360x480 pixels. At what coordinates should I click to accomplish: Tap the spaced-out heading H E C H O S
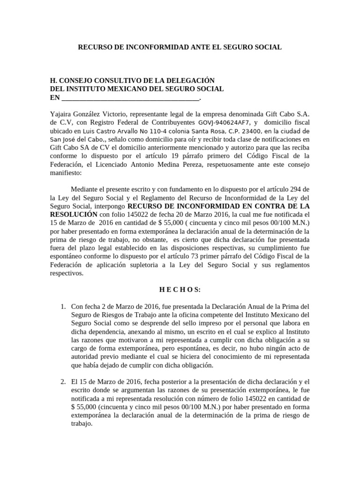pos(180,290)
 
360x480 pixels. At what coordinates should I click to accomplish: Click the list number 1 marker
pos(63,307)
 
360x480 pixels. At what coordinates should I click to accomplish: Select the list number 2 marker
pos(63,382)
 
